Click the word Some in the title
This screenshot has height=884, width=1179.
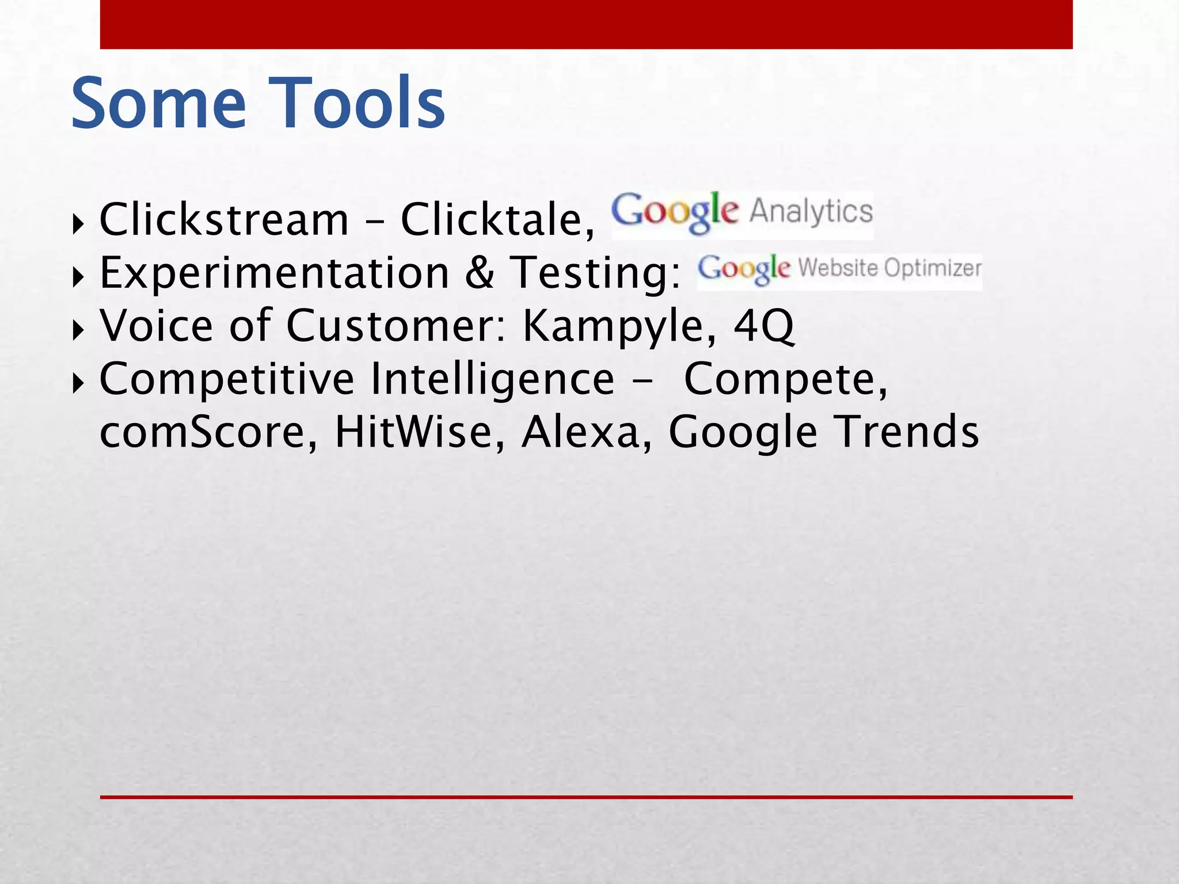tap(158, 104)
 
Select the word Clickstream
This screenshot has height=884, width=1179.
tap(224, 219)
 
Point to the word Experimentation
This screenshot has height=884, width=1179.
tap(274, 272)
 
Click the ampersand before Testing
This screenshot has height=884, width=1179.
tap(479, 272)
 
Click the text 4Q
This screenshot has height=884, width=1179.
tap(763, 326)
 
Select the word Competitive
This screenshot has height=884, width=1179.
tap(227, 379)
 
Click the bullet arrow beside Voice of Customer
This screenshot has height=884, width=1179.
tap(78, 329)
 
